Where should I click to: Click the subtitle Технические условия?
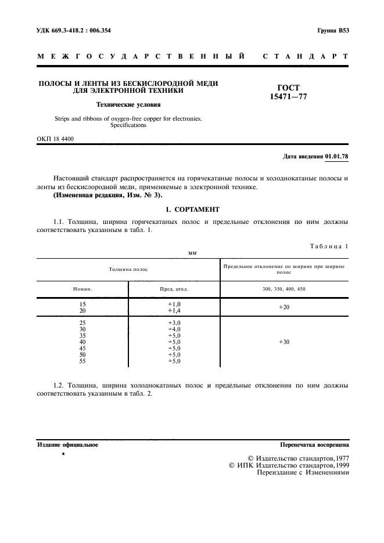(x=128, y=105)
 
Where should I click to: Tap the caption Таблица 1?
(x=329, y=246)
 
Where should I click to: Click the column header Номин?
(x=82, y=288)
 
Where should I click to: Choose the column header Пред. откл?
(x=174, y=288)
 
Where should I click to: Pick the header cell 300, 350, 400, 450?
(x=284, y=288)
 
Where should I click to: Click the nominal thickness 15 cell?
(x=82, y=304)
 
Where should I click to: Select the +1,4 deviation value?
(x=174, y=310)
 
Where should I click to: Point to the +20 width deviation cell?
(x=284, y=307)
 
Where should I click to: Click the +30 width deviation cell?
(x=284, y=342)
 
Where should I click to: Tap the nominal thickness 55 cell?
(x=82, y=361)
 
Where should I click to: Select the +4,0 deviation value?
(x=174, y=329)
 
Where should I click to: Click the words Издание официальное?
(x=67, y=445)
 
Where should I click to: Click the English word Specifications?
(x=127, y=125)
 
